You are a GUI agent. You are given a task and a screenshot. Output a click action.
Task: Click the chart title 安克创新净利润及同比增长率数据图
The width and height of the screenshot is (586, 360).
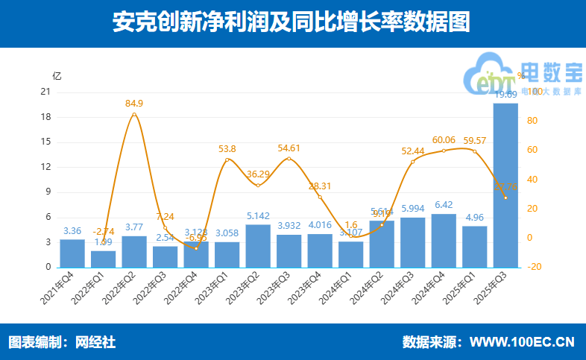point(292,22)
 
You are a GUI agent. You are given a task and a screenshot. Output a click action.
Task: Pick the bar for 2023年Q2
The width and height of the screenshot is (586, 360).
point(258,245)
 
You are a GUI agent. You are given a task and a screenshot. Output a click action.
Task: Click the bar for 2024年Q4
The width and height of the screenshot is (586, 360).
point(444,240)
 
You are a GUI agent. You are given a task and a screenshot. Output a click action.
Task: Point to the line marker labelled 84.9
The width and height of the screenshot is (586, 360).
point(134,114)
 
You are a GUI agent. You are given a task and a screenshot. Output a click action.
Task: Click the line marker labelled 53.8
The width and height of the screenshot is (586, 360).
point(227,160)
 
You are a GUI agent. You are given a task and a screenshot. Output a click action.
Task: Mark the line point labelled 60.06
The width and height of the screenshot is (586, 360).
point(444,151)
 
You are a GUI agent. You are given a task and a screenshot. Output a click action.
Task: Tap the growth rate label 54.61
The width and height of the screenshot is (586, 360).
point(289,148)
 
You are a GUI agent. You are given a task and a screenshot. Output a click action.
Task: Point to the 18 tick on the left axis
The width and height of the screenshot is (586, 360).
point(45,117)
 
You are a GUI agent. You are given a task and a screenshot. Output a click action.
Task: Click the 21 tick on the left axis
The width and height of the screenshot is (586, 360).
point(45,92)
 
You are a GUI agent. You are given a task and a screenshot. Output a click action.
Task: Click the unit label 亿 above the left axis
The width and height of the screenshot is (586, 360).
point(57,76)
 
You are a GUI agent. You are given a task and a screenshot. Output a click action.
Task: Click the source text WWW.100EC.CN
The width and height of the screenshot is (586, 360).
point(522,342)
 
